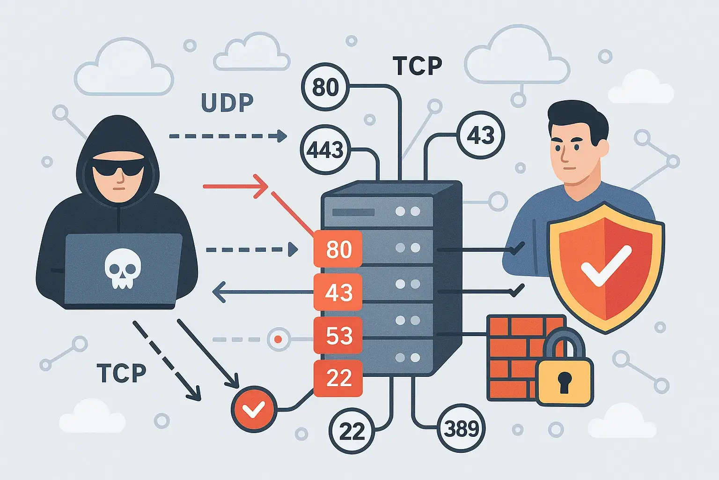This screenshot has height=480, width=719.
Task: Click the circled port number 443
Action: [325, 150]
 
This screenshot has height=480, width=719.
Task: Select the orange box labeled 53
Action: [338, 335]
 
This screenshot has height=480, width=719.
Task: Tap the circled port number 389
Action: [461, 428]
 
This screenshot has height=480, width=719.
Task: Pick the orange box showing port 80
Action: [338, 249]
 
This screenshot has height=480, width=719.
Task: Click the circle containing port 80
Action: [325, 87]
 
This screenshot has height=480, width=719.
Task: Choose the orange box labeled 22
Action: [338, 378]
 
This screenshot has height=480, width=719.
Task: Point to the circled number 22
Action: [352, 430]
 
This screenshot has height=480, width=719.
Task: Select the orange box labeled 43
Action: [338, 292]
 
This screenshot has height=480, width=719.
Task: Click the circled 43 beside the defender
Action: [480, 135]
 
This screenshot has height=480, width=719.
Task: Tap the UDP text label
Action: [227, 103]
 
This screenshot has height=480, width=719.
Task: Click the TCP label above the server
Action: [417, 66]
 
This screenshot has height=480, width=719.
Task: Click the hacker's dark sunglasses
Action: [118, 165]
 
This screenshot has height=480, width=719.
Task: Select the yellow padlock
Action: [565, 375]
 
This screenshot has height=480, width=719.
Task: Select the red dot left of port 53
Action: [279, 339]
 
